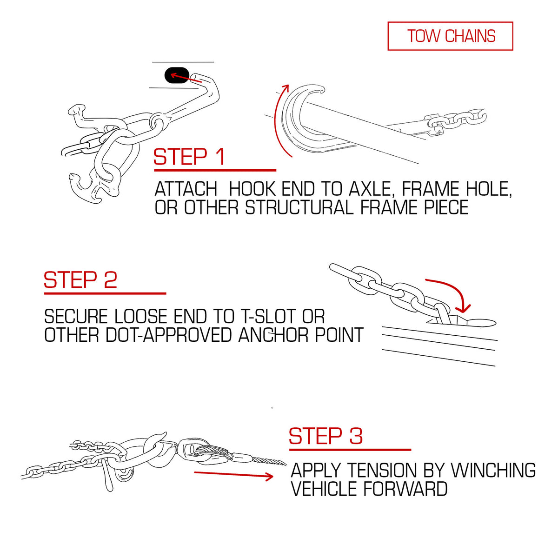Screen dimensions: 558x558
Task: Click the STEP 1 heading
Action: (189, 157)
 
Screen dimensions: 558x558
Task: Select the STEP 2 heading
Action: (80, 280)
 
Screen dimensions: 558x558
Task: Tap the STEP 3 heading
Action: (326, 436)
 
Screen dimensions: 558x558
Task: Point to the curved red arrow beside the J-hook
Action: (277, 122)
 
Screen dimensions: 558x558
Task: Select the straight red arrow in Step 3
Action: (233, 474)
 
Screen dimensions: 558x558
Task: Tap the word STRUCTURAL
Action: (299, 207)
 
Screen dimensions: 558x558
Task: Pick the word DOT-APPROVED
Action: (169, 335)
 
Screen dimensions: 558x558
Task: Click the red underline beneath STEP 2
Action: (105, 293)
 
